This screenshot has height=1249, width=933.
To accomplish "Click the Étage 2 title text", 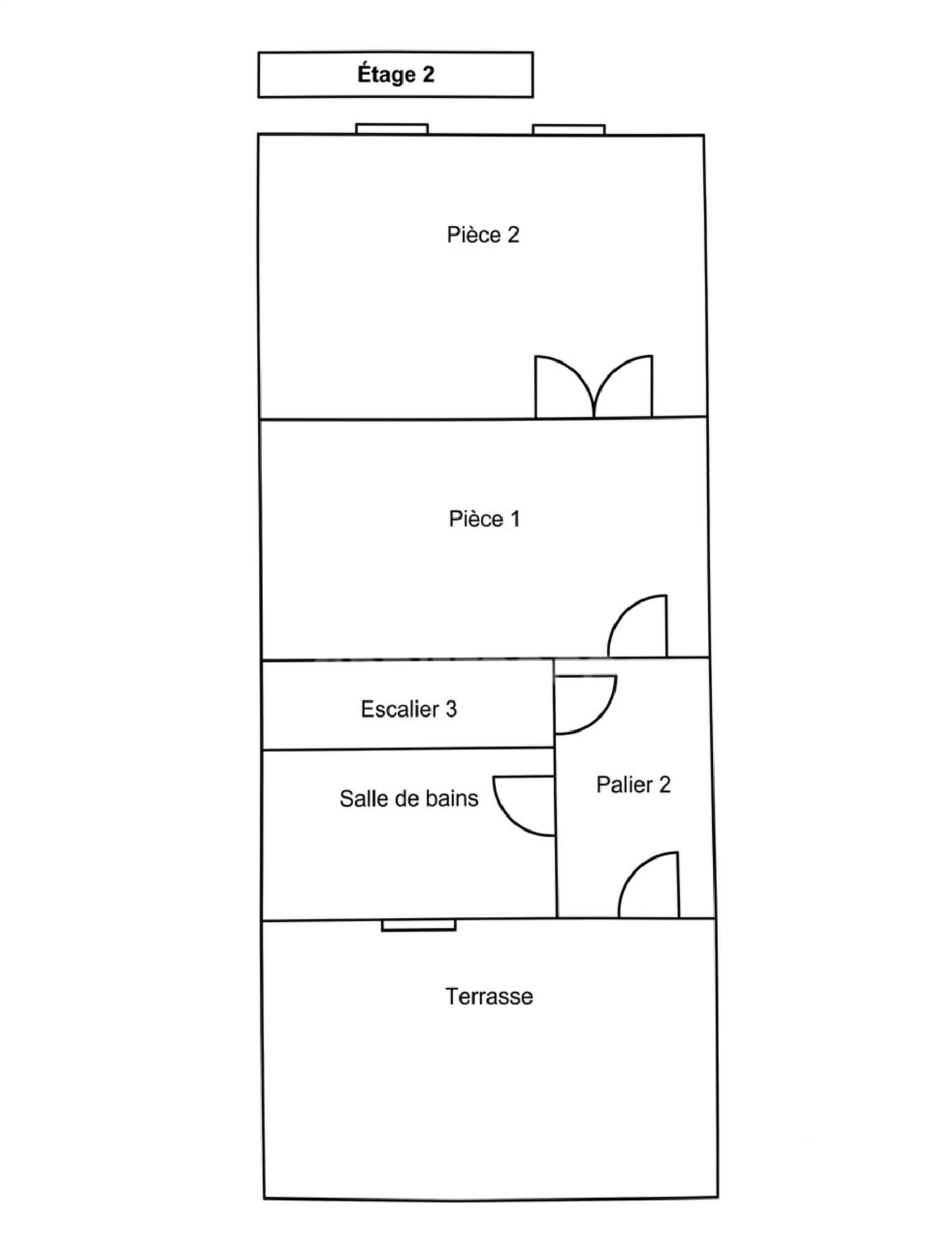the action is point(396,74).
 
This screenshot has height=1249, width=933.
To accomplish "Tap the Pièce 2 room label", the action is point(483,234).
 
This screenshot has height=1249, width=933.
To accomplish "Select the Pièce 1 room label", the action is point(485,519).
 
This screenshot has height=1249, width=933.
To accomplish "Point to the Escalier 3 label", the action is point(409,709).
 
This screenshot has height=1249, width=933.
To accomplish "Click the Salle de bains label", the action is point(409,799).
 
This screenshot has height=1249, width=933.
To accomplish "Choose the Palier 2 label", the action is point(633,784).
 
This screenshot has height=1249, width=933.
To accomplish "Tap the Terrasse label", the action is point(489,996).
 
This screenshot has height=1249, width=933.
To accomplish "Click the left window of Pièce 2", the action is point(392,129).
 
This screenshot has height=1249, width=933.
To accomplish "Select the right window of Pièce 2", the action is point(569,129).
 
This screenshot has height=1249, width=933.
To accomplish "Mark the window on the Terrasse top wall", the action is point(419,926).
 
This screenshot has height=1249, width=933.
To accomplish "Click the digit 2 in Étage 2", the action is point(428,75).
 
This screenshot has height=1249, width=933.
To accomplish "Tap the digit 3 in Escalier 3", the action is point(451,709).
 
